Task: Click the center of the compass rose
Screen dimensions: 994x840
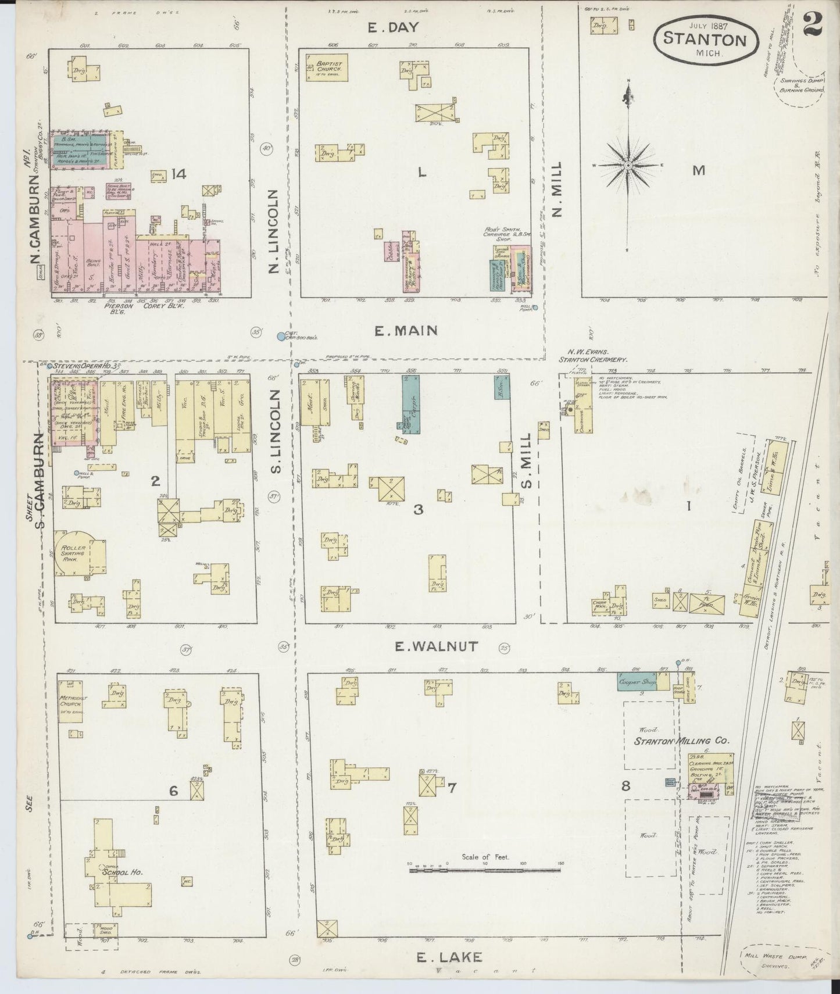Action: [628, 166]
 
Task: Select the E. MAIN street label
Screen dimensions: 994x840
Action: [405, 331]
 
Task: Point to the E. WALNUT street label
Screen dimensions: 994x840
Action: [436, 646]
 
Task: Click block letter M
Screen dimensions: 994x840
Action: [698, 170]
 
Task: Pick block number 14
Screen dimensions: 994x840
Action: [178, 173]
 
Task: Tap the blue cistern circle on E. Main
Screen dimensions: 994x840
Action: [281, 336]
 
